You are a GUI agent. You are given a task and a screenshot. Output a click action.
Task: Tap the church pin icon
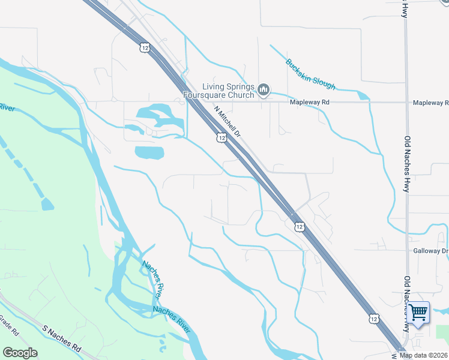click(264, 91)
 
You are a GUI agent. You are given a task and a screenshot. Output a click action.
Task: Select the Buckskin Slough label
click(310, 74)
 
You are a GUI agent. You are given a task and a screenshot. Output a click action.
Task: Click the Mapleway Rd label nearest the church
click(310, 103)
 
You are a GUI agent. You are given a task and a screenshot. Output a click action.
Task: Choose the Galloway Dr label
click(430, 251)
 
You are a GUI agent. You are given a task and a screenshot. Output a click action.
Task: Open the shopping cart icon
click(418, 311)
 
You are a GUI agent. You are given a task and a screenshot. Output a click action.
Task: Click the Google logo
click(20, 353)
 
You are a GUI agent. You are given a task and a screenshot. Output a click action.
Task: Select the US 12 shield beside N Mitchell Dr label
click(221, 138)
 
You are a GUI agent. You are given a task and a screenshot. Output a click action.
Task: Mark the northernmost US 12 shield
click(145, 47)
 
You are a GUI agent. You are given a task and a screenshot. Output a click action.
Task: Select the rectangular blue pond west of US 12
click(149, 152)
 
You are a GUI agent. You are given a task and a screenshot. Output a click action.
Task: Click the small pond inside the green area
click(47, 204)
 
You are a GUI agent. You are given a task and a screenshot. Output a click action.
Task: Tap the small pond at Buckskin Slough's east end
click(363, 95)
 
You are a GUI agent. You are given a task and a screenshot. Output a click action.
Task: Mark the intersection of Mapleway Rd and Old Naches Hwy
click(406, 103)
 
